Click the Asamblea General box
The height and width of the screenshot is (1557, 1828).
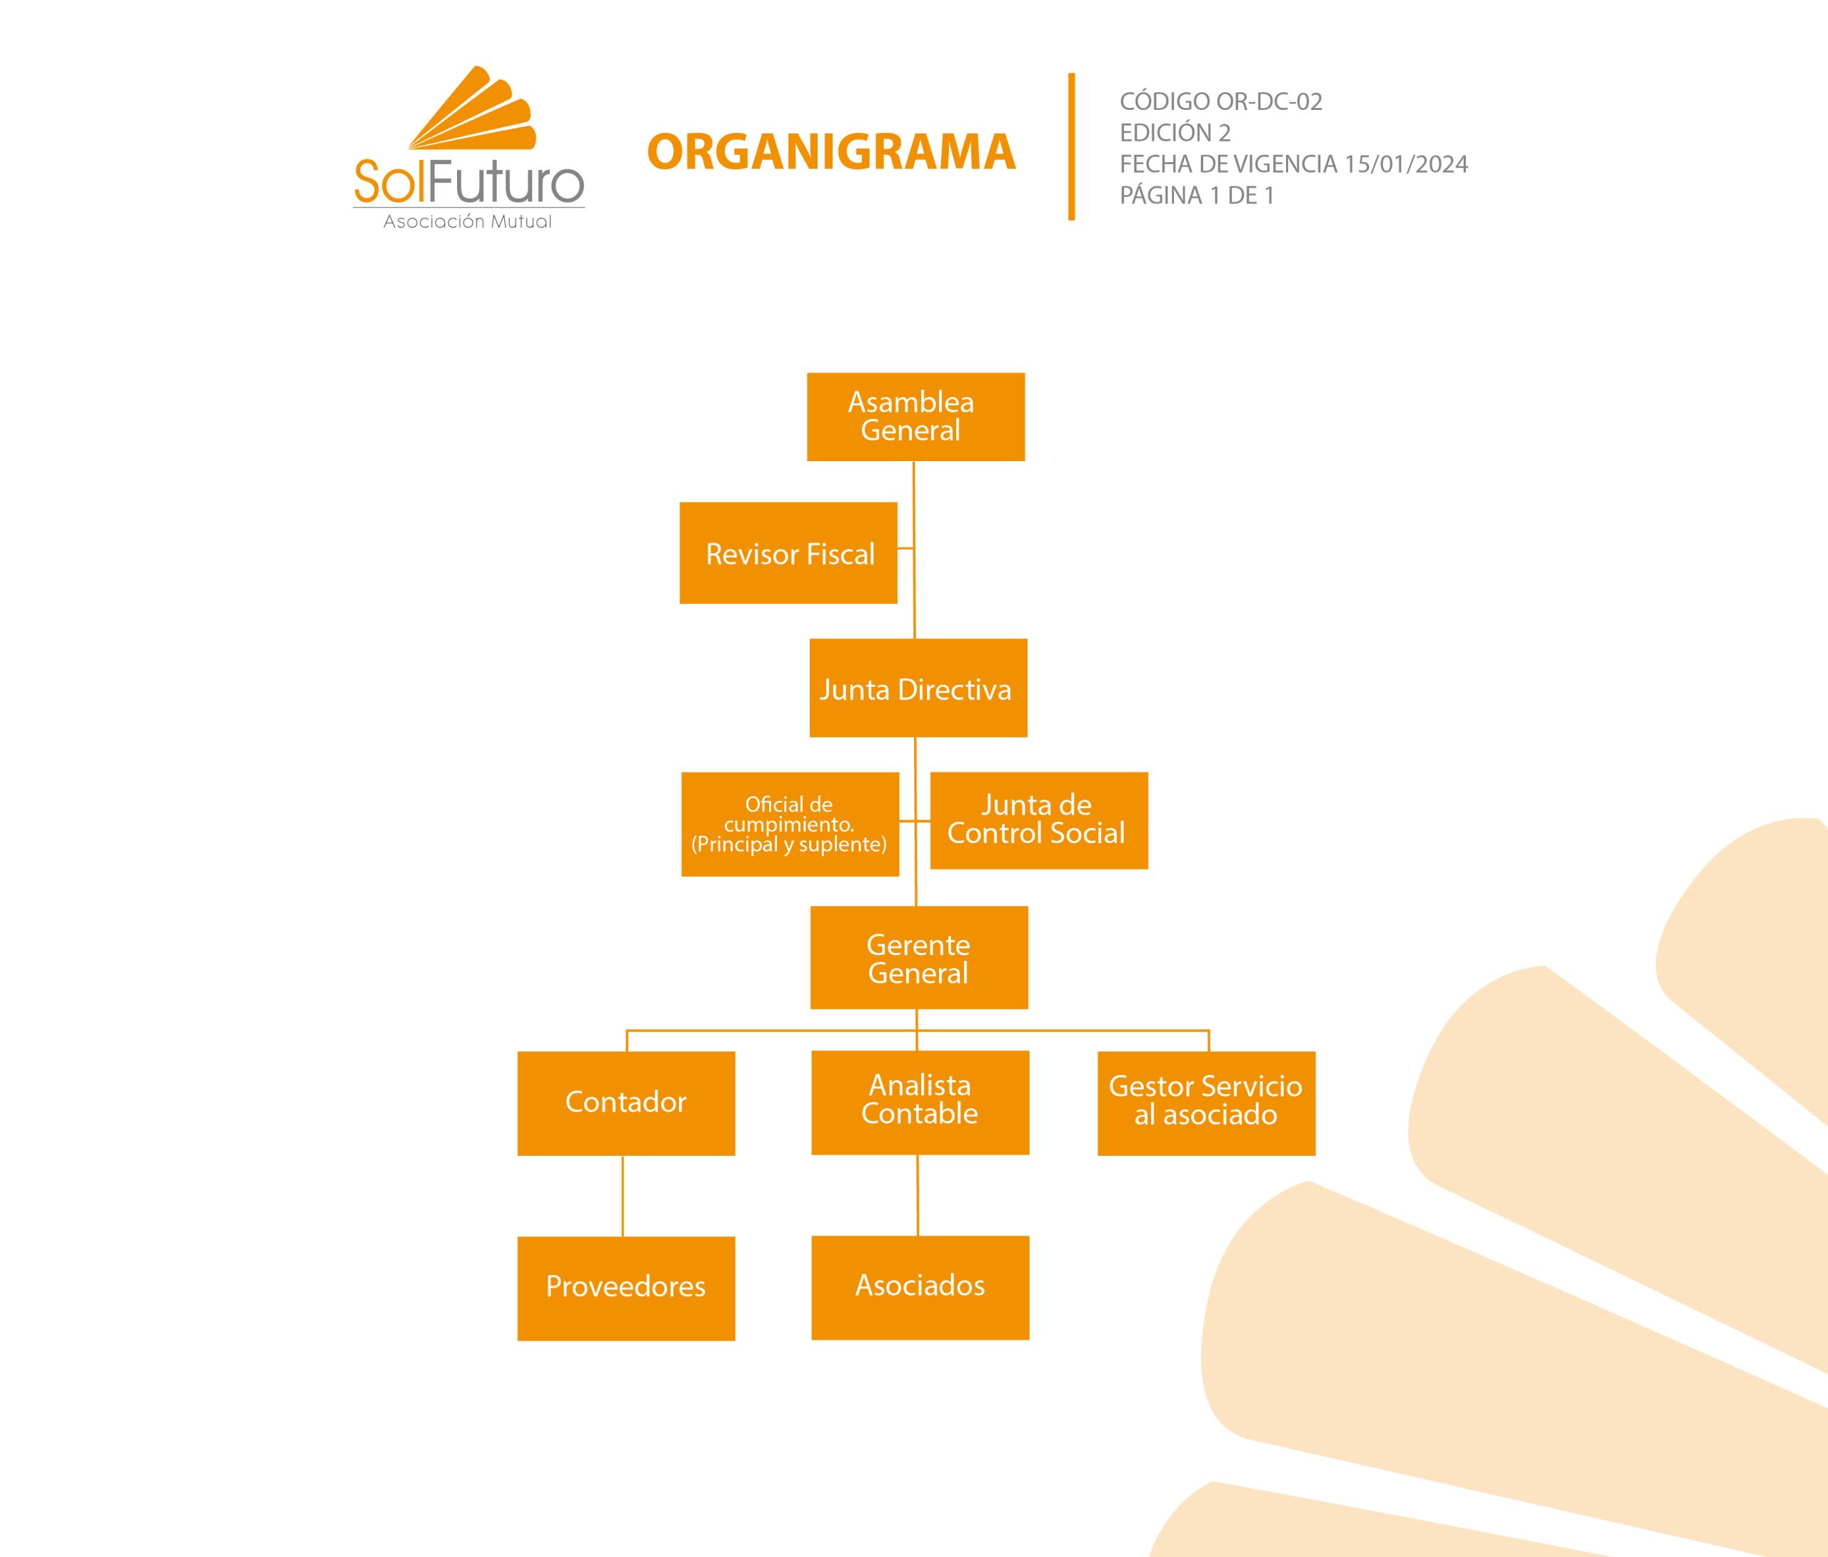point(915,416)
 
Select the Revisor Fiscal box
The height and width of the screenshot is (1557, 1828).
point(788,553)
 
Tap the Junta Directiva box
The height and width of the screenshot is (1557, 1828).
point(918,688)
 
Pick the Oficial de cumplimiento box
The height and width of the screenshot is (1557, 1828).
point(790,824)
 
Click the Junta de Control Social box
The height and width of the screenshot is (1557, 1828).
point(1038,820)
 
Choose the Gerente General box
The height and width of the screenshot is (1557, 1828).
point(918,958)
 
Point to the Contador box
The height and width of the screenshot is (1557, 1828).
point(626,1103)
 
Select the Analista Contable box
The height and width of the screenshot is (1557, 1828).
point(919,1102)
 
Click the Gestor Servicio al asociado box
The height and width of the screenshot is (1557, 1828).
point(1206,1103)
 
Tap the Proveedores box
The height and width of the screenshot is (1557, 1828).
point(626,1288)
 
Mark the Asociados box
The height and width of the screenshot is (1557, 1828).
point(919,1287)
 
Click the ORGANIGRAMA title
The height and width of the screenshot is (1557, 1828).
point(831,152)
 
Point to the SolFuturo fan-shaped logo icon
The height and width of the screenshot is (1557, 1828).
point(473,109)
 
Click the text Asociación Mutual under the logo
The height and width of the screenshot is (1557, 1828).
point(468,222)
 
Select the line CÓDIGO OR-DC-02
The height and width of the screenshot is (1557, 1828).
point(1220,102)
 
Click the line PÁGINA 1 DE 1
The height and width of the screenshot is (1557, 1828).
point(1196,196)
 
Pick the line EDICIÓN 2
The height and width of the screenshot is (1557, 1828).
point(1174,133)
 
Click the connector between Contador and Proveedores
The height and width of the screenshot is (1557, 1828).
point(623,1196)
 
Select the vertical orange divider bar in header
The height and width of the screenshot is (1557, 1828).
point(1072,146)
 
